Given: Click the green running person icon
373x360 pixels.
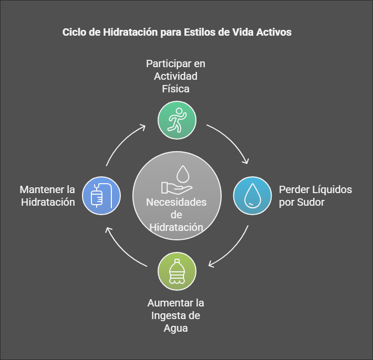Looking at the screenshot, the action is pyautogui.click(x=177, y=120).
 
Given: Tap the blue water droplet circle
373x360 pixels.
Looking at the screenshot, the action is pyautogui.click(x=252, y=196).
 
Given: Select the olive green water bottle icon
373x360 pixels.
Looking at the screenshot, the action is pyautogui.click(x=177, y=271).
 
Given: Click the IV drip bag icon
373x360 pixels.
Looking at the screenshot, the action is pyautogui.click(x=101, y=196).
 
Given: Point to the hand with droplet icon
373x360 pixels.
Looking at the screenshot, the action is pyautogui.click(x=177, y=179).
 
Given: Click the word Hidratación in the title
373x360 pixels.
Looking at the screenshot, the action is pyautogui.click(x=130, y=32).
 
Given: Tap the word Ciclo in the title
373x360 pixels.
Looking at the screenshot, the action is pyautogui.click(x=74, y=32).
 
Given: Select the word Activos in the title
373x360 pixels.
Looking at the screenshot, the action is pyautogui.click(x=274, y=32).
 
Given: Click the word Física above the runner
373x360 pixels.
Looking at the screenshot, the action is pyautogui.click(x=175, y=89).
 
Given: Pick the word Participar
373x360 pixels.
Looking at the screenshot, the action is pyautogui.click(x=169, y=63).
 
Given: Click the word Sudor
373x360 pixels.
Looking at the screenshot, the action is pyautogui.click(x=310, y=203).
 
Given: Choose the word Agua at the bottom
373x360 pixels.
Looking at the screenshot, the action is pyautogui.click(x=175, y=328).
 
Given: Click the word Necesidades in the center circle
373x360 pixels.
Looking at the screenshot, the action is pyautogui.click(x=177, y=202).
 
